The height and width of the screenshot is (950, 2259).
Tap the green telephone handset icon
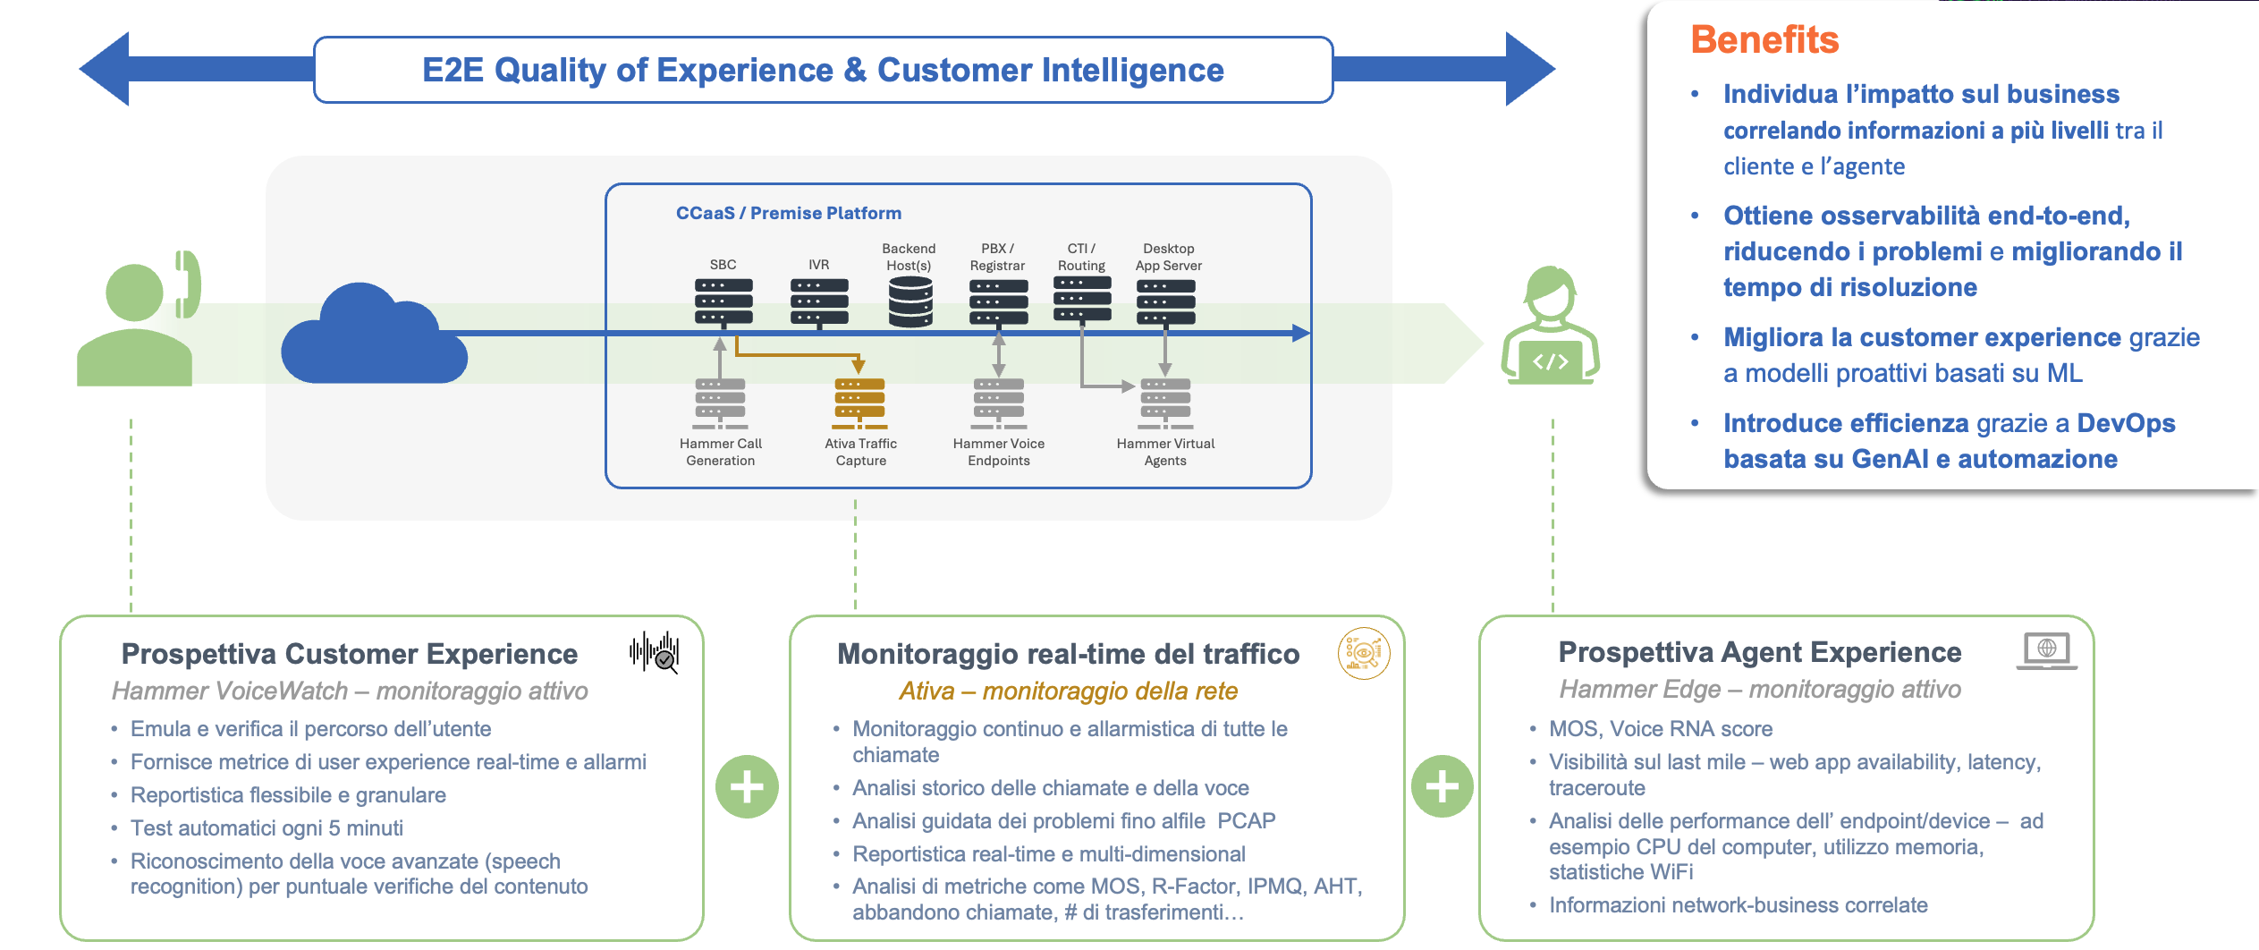point(189,284)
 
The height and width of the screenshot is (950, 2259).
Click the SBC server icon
point(723,301)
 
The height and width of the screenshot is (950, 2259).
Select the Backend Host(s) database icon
point(910,301)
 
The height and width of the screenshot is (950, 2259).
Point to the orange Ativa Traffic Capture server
point(859,400)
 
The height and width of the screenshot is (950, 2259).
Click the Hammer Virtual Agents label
point(1165,452)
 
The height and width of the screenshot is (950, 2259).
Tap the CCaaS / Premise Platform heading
point(788,213)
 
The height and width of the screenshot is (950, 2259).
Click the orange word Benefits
point(1764,40)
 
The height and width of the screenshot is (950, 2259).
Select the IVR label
point(818,265)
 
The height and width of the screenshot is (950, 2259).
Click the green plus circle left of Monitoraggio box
point(747,787)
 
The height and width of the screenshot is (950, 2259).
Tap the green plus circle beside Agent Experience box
point(1442,787)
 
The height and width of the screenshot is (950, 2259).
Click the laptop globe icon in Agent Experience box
point(2046,650)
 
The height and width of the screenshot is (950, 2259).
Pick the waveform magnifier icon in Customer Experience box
point(655,652)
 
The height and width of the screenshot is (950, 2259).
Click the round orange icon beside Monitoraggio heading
point(1363,653)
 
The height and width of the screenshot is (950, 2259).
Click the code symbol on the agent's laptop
point(1550,361)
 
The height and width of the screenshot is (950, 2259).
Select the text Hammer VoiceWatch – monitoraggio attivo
point(350,691)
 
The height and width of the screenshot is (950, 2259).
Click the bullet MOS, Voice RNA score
point(1660,729)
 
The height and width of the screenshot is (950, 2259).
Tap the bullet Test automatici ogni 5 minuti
point(267,828)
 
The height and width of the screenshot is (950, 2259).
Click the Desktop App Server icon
point(1165,301)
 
